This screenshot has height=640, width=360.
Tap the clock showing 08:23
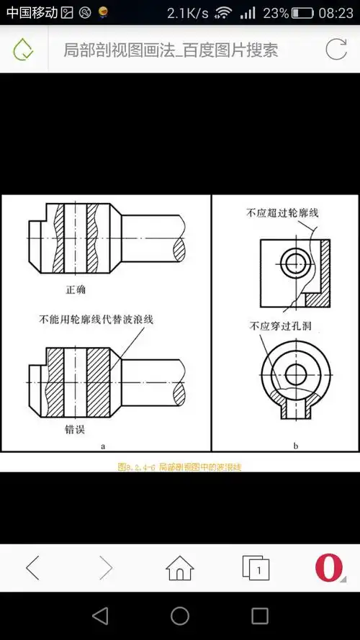click(x=336, y=13)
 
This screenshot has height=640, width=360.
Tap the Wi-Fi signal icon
click(x=223, y=13)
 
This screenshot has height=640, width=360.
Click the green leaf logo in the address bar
click(x=23, y=50)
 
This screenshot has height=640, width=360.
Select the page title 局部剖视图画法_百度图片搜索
click(x=171, y=50)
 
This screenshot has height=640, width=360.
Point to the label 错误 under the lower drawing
click(x=76, y=429)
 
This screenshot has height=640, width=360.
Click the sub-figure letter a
click(x=103, y=446)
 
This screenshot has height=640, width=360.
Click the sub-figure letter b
click(x=295, y=446)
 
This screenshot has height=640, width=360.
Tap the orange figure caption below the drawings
click(x=179, y=467)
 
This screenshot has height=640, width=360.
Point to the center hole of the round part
click(x=295, y=374)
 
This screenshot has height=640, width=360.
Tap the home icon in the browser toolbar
click(x=179, y=568)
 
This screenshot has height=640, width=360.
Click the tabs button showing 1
click(x=256, y=568)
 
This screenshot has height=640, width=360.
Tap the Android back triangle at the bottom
click(x=100, y=616)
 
